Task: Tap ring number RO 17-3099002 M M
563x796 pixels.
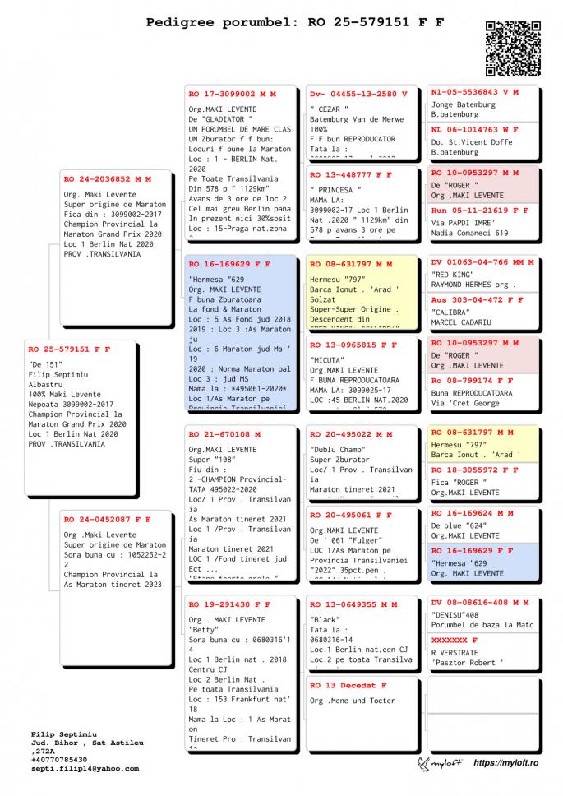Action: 232,95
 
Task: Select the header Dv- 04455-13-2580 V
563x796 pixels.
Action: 358,95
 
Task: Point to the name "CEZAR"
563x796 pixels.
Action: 330,109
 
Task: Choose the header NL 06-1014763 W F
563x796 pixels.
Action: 475,130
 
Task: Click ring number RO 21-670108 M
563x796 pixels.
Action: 224,434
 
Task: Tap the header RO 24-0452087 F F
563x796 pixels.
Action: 107,520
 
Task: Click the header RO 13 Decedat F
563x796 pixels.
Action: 348,686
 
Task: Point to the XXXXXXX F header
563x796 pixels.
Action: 455,640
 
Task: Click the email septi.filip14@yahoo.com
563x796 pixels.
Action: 85,768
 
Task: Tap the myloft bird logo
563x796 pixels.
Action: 424,765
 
